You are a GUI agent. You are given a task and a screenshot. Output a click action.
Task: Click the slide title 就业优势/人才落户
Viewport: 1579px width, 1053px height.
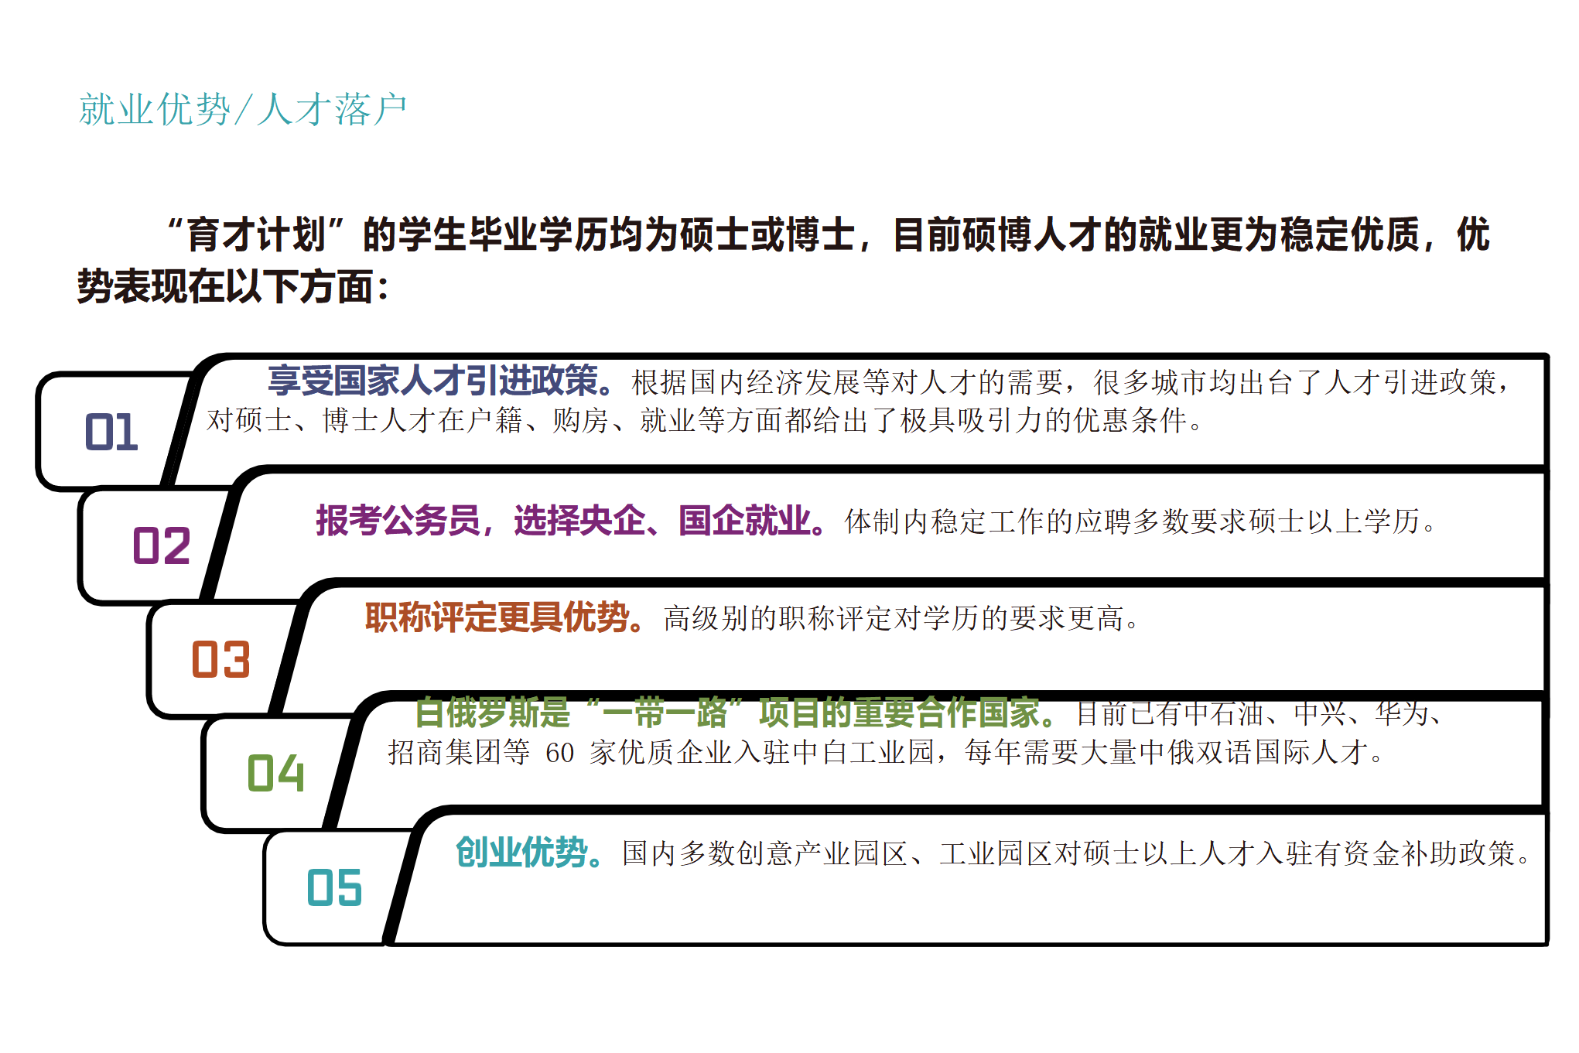pos(242,109)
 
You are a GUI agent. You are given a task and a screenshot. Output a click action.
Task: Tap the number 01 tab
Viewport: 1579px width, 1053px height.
pos(111,432)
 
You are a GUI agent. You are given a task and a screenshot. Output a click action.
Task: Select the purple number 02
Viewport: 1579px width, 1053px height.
pos(162,545)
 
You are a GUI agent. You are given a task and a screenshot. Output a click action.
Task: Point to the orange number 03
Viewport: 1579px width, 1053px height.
pos(220,659)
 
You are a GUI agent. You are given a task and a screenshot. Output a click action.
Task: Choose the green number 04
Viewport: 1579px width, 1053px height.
pos(275,773)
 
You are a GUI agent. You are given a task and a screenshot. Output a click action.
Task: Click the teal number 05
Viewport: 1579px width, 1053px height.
pos(334,887)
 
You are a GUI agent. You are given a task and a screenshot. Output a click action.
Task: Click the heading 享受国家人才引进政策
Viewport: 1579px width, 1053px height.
pos(433,381)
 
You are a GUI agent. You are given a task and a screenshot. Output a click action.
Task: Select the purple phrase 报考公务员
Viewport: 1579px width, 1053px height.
pos(398,521)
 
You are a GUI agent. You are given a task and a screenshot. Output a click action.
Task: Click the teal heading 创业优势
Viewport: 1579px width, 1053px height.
pos(521,853)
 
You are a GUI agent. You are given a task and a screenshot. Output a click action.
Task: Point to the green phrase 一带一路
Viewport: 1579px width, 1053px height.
pos(665,713)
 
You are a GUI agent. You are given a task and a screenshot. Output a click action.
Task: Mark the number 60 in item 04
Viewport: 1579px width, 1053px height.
pos(559,752)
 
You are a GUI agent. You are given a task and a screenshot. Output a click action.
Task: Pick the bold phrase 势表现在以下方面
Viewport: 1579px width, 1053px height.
pos(224,286)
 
